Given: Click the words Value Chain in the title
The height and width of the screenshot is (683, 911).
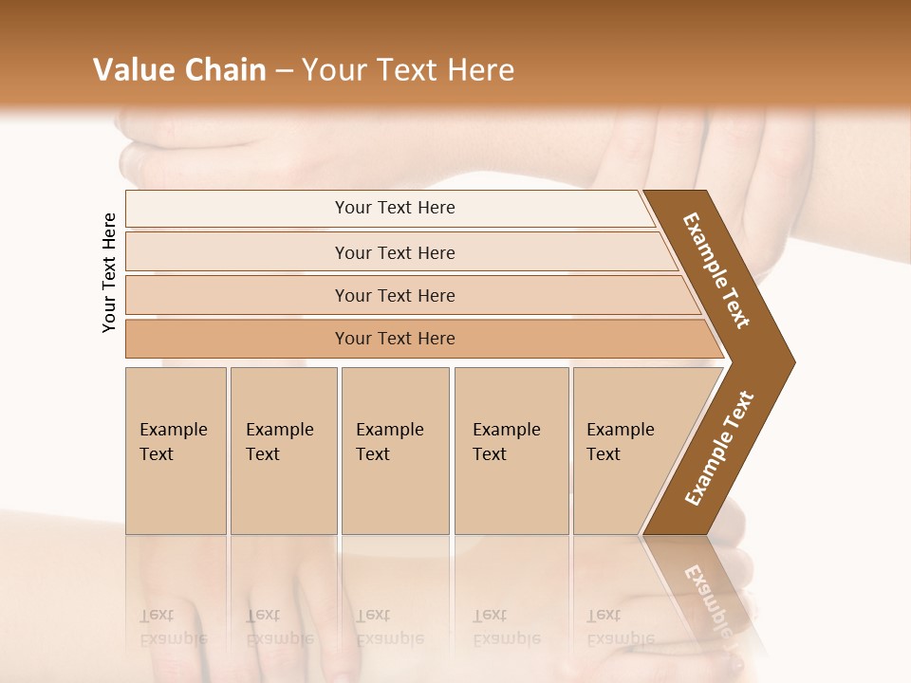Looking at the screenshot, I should (179, 69).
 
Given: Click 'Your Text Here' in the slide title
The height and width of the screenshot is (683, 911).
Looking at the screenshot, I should (408, 69).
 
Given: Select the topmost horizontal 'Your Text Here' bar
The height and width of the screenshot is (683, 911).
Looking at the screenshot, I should (394, 208).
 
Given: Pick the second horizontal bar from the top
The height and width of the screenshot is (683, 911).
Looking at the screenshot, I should (394, 252).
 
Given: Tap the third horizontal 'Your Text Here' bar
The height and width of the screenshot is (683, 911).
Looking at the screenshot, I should (394, 295).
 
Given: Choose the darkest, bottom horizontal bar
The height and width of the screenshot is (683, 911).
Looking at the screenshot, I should (394, 339).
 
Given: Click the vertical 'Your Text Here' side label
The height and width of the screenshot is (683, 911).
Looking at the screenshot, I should (109, 272).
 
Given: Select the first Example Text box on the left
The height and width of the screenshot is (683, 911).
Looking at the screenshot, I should (176, 451).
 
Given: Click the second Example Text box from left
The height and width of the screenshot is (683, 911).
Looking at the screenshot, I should (283, 451).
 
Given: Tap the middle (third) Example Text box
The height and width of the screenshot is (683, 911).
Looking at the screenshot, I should (394, 451).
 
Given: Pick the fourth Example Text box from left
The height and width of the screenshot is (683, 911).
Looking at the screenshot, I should (511, 451).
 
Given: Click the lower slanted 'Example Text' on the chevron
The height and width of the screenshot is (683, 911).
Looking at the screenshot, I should (719, 448).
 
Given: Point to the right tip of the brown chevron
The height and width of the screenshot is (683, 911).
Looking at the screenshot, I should (793, 361).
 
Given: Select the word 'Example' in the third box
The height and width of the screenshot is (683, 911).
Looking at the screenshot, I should (389, 430).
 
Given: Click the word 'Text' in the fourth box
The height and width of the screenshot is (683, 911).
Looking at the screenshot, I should (490, 454).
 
